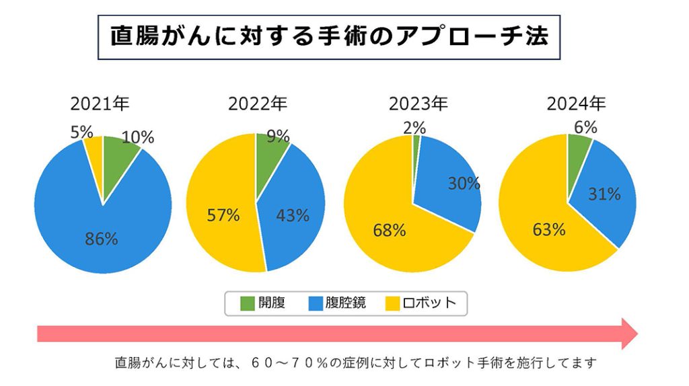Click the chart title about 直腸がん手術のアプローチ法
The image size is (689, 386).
click(329, 37)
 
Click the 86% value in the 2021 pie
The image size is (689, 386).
click(102, 238)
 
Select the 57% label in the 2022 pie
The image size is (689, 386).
click(223, 215)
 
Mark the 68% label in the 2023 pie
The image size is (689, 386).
click(390, 231)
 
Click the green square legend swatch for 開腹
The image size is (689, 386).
click(247, 303)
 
